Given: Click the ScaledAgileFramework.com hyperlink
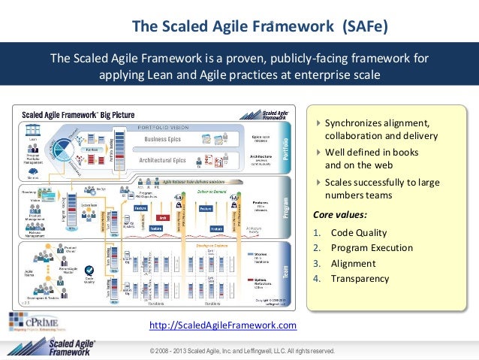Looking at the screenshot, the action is click(x=223, y=325).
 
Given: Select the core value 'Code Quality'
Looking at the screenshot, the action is click(x=360, y=233).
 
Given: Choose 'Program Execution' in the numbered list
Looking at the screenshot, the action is click(x=372, y=248).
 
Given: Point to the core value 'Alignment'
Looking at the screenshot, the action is click(x=354, y=264).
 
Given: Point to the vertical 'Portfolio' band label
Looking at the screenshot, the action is click(x=286, y=146).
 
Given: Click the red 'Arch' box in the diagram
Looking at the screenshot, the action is click(x=163, y=218).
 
